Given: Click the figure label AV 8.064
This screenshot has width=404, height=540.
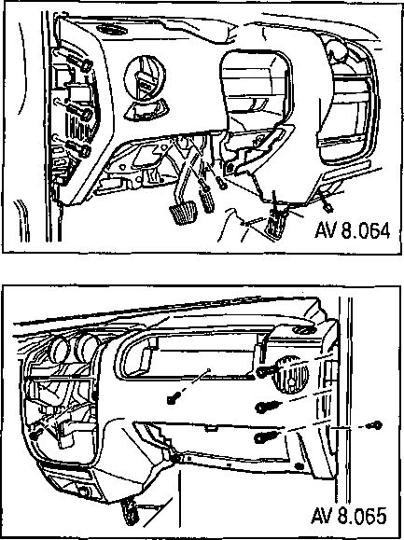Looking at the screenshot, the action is [x=353, y=230].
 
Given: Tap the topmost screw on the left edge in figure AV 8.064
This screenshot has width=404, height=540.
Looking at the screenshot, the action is [x=86, y=64].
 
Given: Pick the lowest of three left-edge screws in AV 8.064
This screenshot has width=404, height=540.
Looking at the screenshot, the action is [x=83, y=150].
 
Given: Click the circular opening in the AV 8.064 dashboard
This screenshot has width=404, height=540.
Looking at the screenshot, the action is [x=145, y=78].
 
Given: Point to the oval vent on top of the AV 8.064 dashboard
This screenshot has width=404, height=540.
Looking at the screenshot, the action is [x=111, y=30].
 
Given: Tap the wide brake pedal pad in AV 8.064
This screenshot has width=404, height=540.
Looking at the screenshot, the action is [x=183, y=213].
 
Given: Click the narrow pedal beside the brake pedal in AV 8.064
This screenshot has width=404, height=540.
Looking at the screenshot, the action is [x=206, y=201].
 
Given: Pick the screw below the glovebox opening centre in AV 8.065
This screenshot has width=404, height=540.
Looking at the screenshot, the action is [x=172, y=399].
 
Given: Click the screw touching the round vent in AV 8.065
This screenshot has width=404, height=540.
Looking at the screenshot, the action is [x=266, y=370].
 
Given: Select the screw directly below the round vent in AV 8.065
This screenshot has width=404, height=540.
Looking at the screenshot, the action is [x=265, y=408].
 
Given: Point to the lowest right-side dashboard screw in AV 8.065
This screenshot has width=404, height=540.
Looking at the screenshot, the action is [x=264, y=437].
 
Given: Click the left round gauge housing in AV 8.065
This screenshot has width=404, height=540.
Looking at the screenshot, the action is [x=59, y=350].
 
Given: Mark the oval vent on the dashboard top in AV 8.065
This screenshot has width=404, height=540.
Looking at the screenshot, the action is [x=304, y=330].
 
